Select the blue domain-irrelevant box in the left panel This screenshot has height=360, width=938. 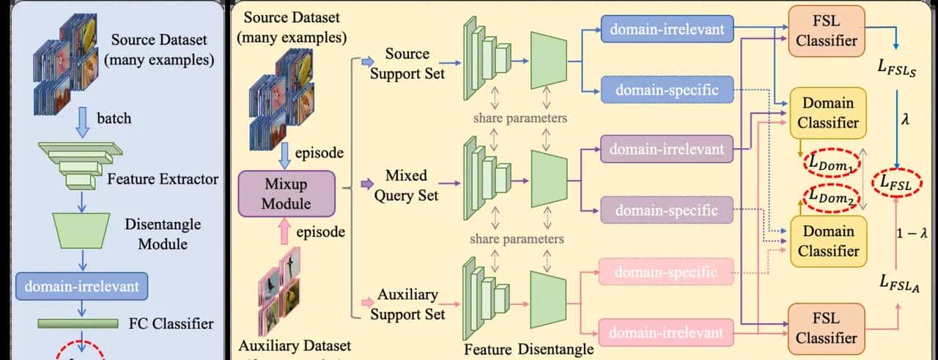point(81,287)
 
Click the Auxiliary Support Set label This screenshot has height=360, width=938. point(407,304)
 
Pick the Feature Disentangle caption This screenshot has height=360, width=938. point(528,349)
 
